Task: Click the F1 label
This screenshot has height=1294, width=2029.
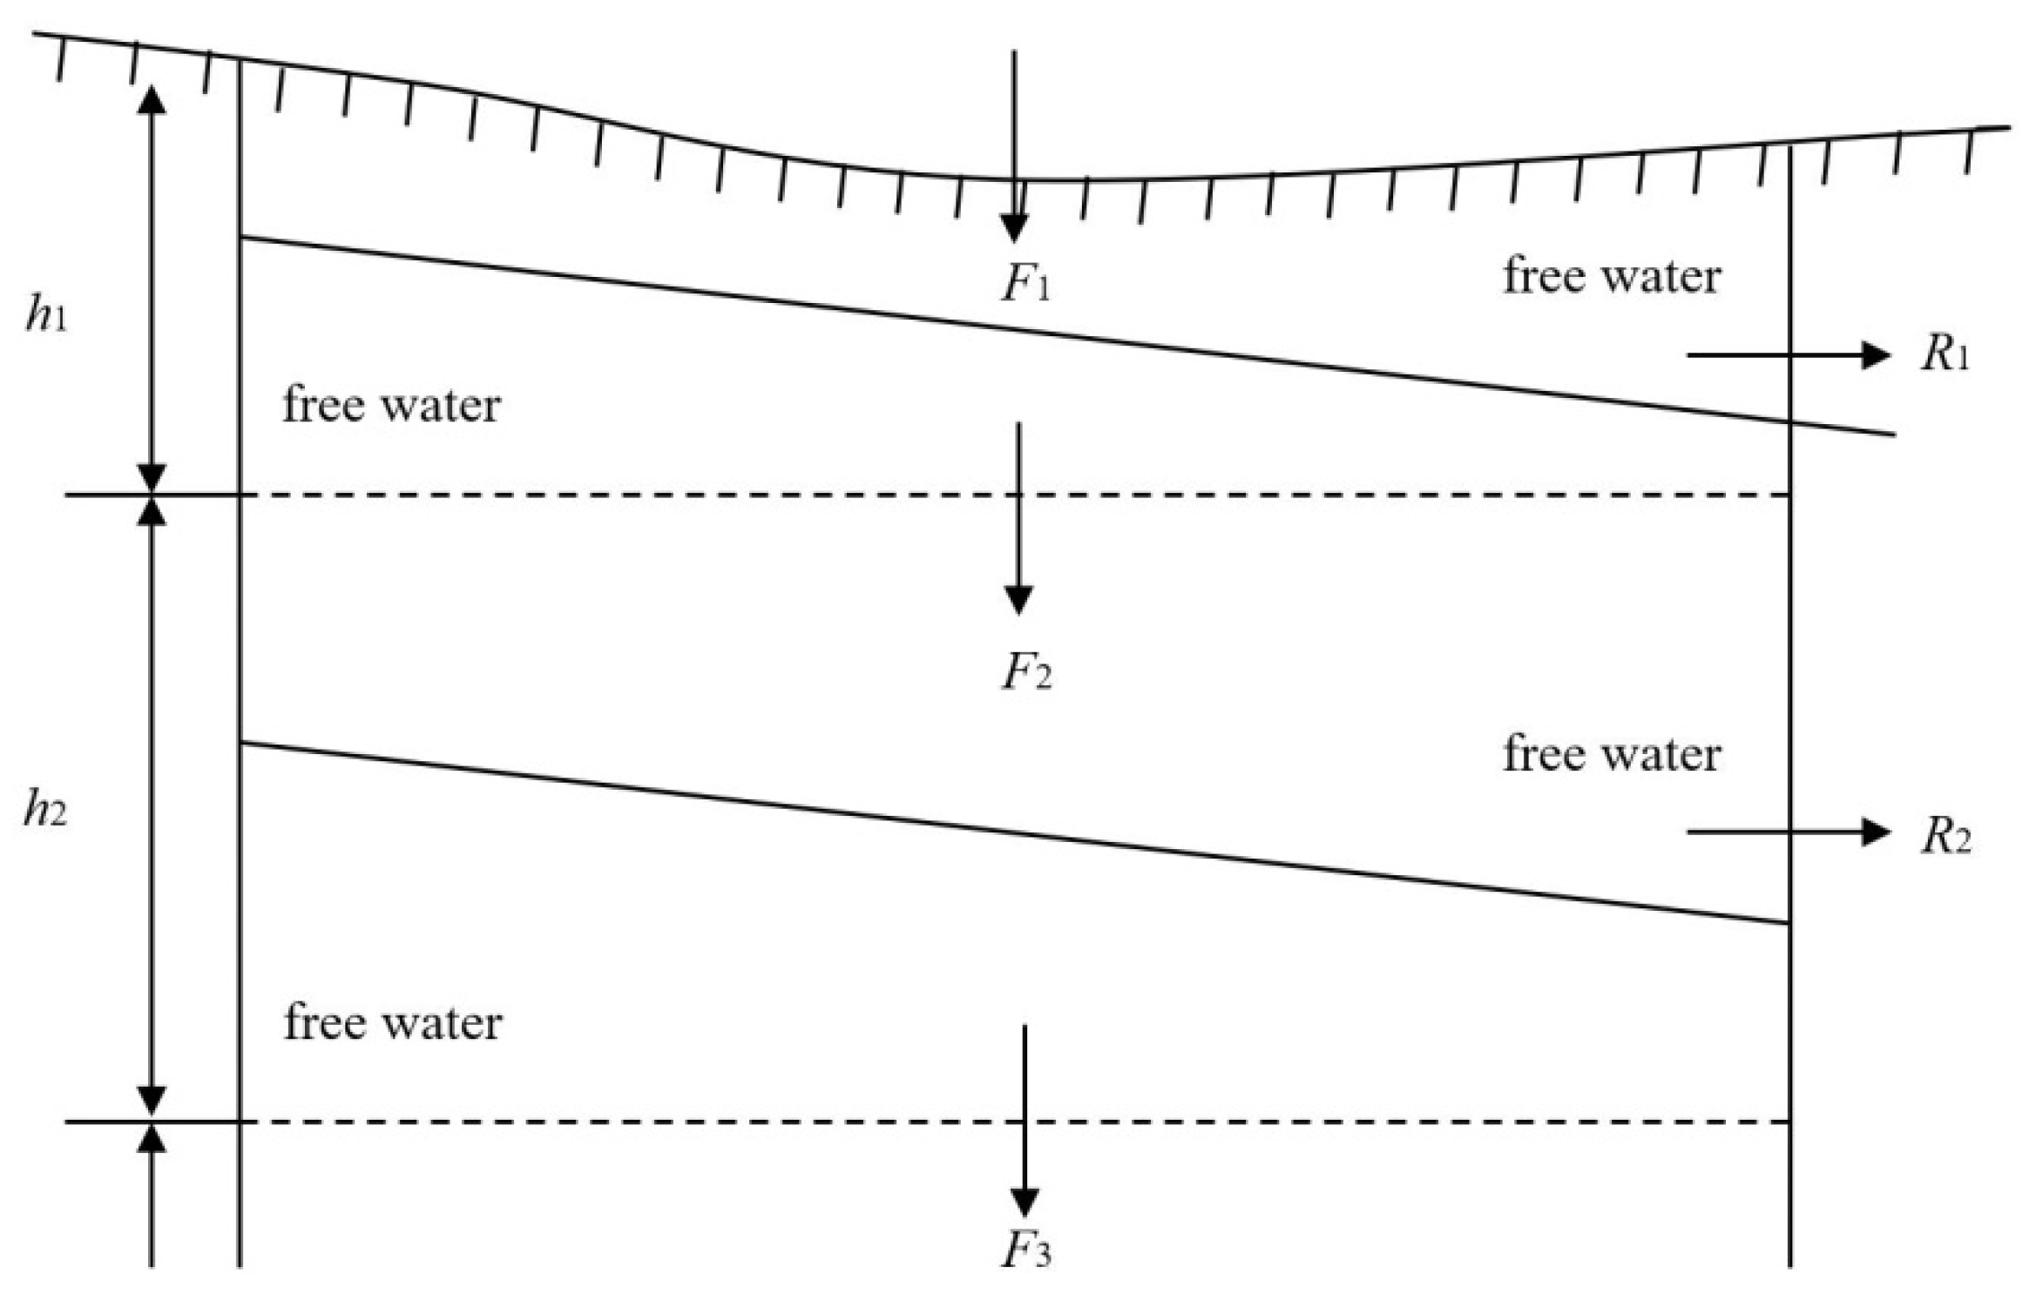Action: point(1025,285)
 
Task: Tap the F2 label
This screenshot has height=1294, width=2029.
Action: point(1025,672)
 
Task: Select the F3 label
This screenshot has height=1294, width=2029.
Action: point(1025,1252)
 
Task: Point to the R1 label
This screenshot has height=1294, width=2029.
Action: point(1944,355)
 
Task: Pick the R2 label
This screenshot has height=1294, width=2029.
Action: point(1945,837)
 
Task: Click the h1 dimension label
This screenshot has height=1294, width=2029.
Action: point(45,314)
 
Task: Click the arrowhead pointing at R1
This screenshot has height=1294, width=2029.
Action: point(1875,354)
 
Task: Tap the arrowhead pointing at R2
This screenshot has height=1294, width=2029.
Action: point(1875,832)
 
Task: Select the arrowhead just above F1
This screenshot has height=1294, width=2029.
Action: point(1013,228)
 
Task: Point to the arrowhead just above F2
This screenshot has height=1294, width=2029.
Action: point(1018,600)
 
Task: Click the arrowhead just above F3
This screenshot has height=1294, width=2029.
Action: point(1024,1202)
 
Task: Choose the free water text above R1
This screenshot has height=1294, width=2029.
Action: point(1612,276)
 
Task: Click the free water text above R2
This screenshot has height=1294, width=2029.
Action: point(1612,753)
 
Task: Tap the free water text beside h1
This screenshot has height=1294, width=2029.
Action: point(391,405)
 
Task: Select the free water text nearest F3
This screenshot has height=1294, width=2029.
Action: point(393,1021)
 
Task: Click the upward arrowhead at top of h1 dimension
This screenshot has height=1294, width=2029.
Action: point(152,101)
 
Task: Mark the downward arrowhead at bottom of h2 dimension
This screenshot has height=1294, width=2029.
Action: point(152,1100)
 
